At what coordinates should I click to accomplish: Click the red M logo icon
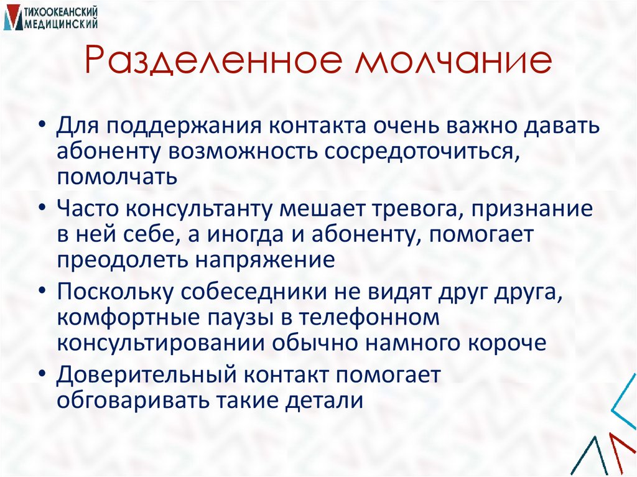pyautogui.click(x=12, y=17)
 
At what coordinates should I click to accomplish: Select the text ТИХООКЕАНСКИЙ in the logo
pyautogui.click(x=62, y=12)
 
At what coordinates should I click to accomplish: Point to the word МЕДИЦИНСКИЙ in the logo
pyautogui.click(x=62, y=24)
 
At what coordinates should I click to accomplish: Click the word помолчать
pyautogui.click(x=118, y=177)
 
